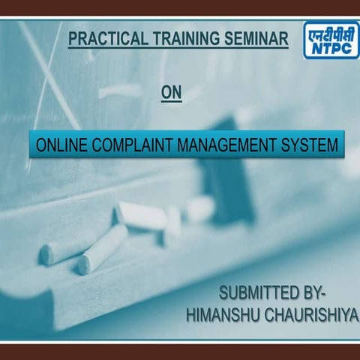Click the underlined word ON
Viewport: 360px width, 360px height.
tap(172, 92)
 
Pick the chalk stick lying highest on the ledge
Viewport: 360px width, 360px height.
tap(141, 215)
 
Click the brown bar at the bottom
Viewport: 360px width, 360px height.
tap(180, 352)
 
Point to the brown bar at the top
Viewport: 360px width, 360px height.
tap(180, 8)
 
